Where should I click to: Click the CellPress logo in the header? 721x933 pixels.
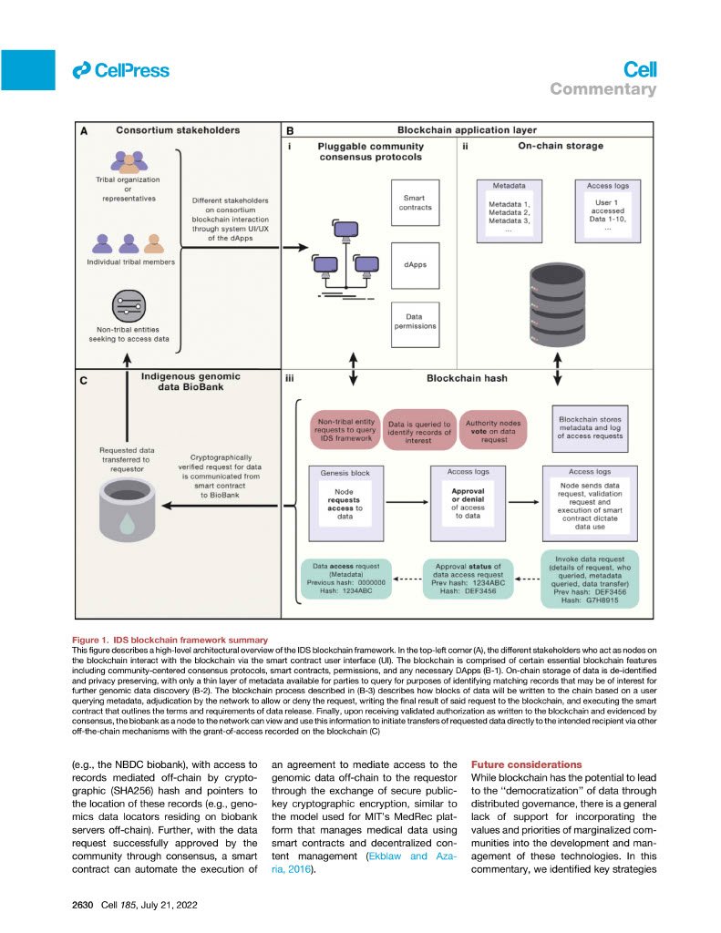[x=120, y=69]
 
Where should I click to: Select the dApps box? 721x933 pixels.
[x=415, y=266]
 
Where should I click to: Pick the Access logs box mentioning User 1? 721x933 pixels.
[x=606, y=209]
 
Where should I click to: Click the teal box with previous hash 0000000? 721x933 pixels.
[x=345, y=580]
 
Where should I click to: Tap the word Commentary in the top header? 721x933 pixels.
[x=603, y=89]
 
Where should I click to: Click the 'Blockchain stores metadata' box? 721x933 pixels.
[x=592, y=429]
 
